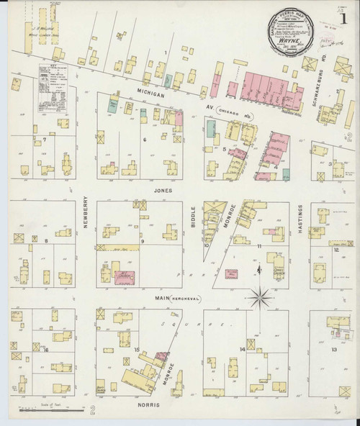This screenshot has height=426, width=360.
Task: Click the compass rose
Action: click(x=261, y=294)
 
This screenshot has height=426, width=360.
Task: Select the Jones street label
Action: click(x=161, y=191)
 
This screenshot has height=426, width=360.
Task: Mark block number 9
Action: click(x=143, y=241)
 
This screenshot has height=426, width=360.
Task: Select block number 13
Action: click(x=333, y=349)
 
